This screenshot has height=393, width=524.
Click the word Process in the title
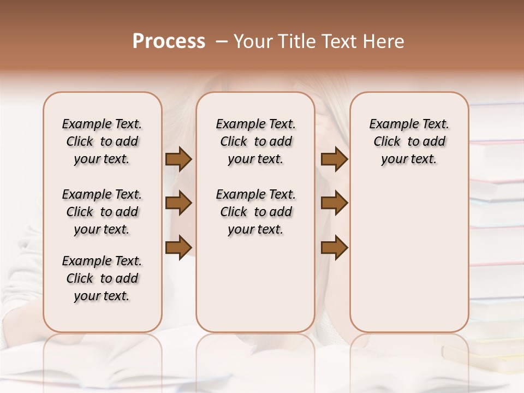169,41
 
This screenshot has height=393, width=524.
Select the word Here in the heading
384,41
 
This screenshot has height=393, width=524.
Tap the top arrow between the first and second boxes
178,159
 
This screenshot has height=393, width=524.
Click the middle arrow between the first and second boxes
178,203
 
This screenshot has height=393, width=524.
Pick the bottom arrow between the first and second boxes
178,246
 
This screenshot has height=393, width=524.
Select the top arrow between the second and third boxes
334,159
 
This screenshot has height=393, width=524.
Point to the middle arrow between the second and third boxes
334,203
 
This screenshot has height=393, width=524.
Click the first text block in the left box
102,141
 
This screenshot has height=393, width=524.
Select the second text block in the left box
102,212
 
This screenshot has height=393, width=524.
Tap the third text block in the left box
102,278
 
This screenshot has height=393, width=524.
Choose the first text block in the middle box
255,141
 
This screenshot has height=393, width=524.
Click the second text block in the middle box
255,212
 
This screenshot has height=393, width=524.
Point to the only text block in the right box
409,141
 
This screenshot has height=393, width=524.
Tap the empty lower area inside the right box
409,257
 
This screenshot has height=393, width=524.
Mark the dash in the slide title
222,41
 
